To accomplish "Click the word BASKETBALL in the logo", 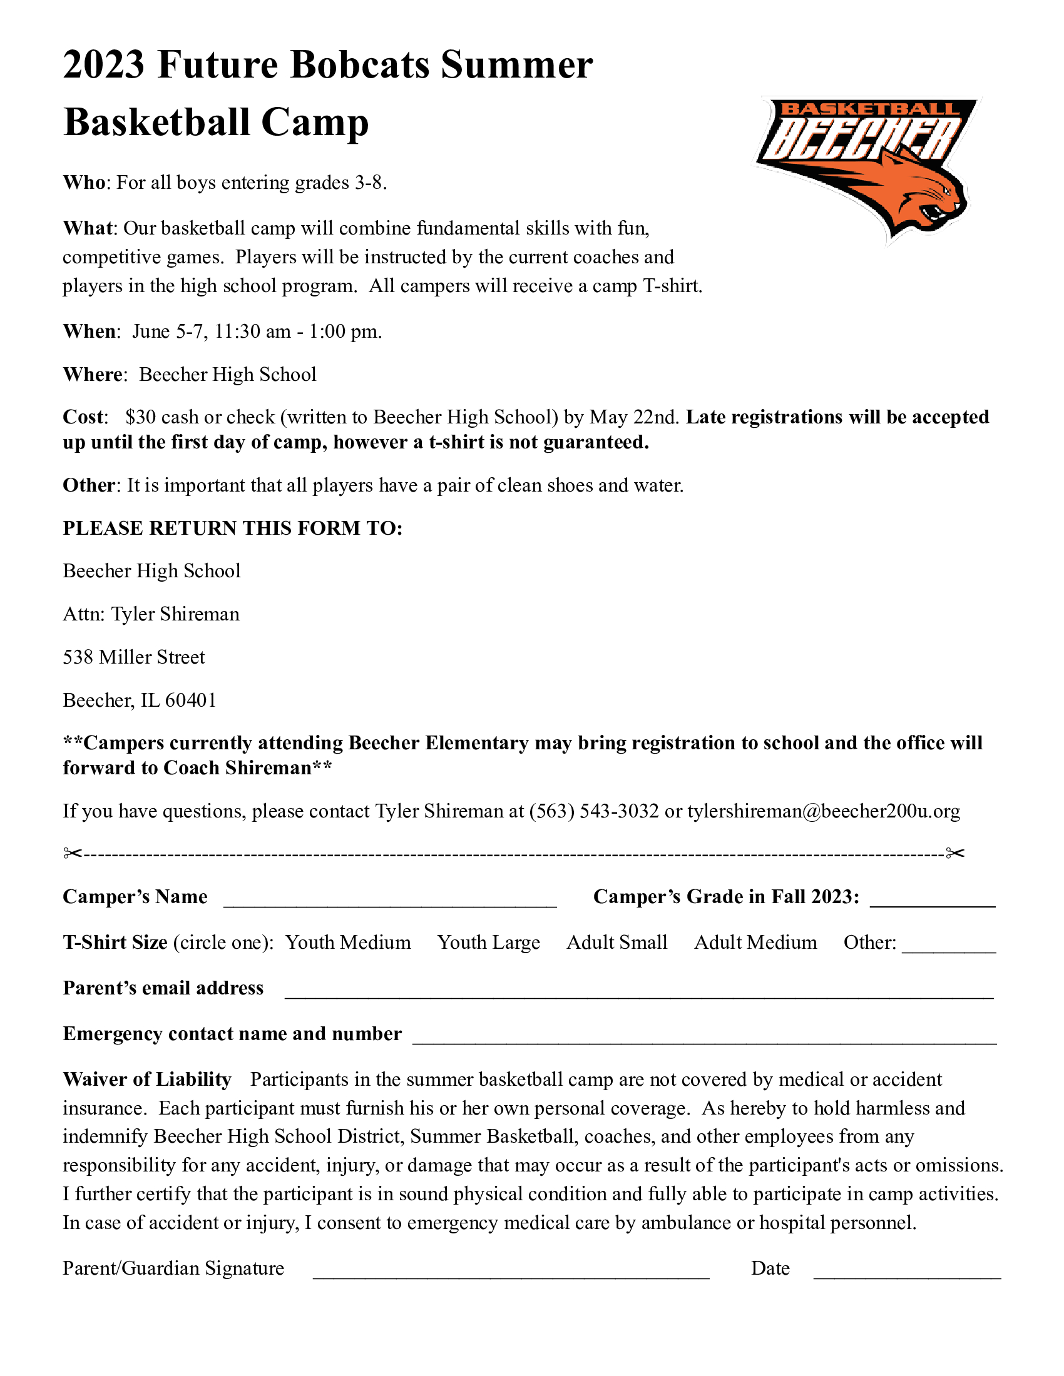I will click(870, 109).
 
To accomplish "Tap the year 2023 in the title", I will click(104, 65).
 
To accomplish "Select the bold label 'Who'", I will click(83, 183).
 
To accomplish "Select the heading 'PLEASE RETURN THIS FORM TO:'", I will click(233, 528).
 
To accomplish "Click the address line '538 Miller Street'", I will click(134, 657).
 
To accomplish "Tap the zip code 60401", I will click(190, 701).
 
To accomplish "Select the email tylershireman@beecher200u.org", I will click(823, 811).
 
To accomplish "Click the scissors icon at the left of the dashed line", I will click(73, 854).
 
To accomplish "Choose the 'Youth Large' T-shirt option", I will click(489, 943).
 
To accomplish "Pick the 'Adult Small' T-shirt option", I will click(616, 943).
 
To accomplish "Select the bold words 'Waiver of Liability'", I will click(147, 1080).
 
